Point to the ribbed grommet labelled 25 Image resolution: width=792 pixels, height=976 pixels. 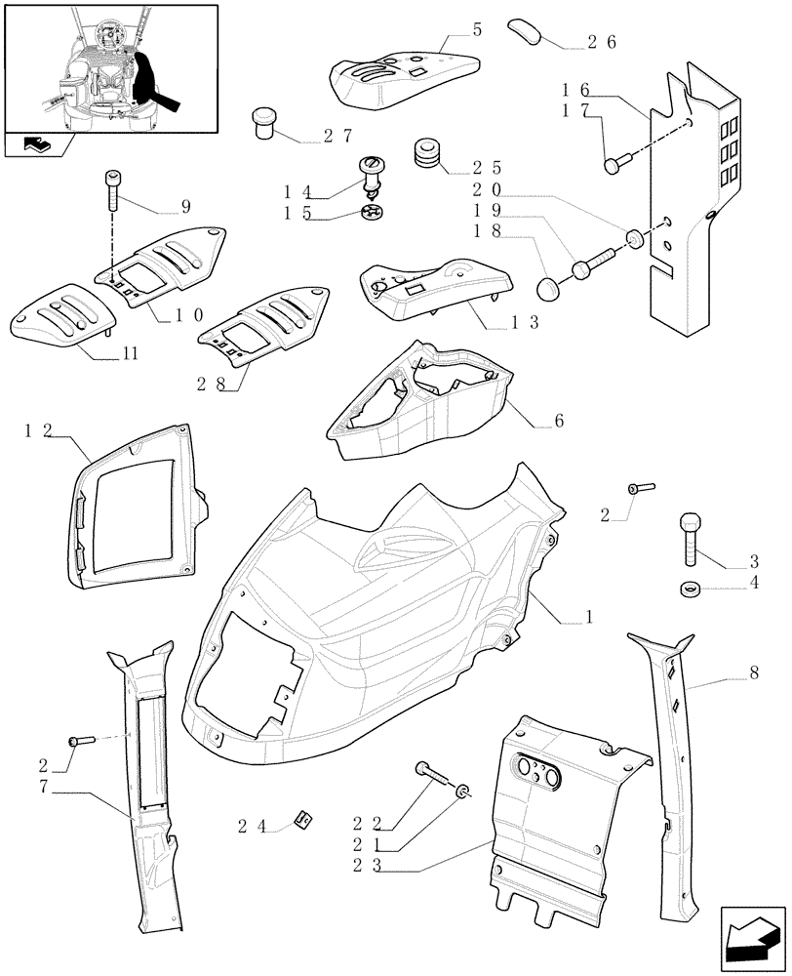tap(426, 152)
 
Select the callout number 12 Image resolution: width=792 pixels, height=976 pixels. tap(38, 430)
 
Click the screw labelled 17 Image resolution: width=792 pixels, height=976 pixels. tap(614, 166)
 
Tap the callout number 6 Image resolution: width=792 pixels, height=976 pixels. tap(558, 423)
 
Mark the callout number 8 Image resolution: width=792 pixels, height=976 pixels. tap(753, 672)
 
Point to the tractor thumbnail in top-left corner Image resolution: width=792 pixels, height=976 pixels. tap(107, 68)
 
